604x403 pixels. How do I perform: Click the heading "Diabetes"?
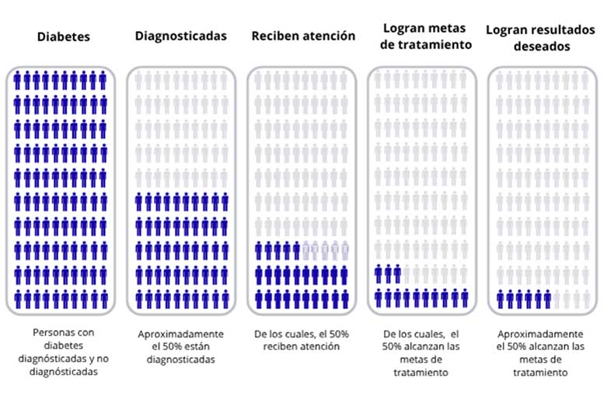point(64,36)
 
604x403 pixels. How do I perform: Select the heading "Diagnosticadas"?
point(180,36)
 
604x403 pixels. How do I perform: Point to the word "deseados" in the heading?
point(542,46)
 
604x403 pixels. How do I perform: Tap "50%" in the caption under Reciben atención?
point(339,334)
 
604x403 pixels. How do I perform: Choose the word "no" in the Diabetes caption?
point(103,359)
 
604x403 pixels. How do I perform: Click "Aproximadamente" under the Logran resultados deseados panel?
point(540,334)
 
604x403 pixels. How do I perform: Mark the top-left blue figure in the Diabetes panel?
point(17,80)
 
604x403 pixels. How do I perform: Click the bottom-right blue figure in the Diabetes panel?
point(104,299)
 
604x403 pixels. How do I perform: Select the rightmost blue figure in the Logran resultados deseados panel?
point(547,299)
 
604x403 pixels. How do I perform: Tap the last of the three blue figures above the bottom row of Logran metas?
point(397,273)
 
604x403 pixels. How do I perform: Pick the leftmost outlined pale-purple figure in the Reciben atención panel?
point(306,250)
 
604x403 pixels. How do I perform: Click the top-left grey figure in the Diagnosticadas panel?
point(138,80)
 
